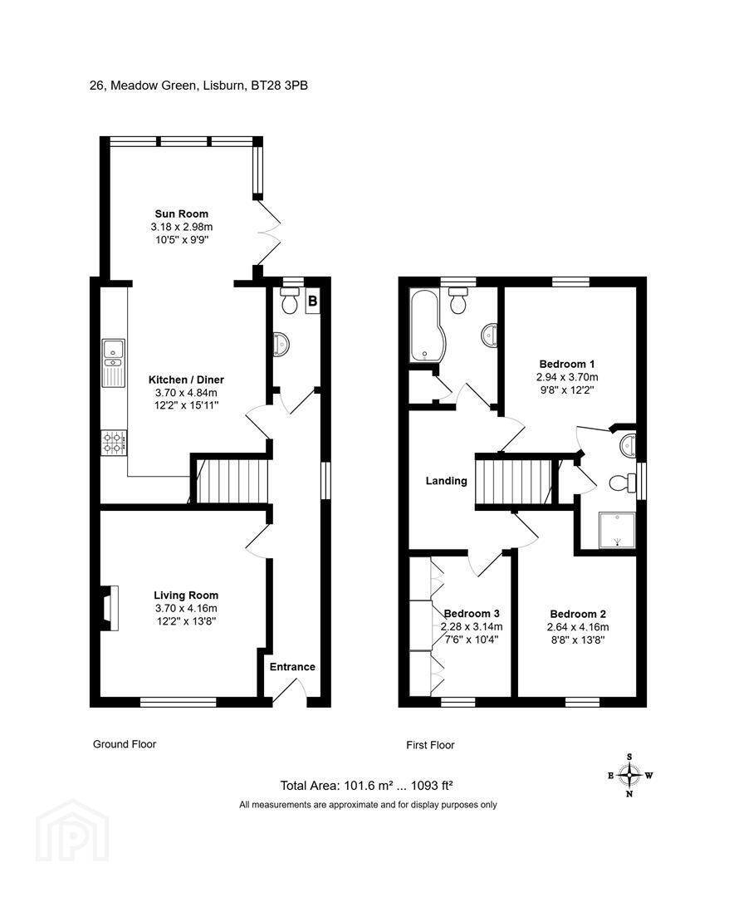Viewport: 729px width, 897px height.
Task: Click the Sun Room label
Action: [182, 214]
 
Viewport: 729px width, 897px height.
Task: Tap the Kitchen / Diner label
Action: [186, 380]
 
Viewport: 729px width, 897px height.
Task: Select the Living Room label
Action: [186, 596]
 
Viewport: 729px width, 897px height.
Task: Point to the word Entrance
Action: [292, 666]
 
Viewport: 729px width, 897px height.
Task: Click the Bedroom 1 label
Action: [567, 364]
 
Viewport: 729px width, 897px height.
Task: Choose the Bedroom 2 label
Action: [578, 614]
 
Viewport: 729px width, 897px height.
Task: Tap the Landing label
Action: [446, 481]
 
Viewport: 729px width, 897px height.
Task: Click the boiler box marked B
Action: [313, 301]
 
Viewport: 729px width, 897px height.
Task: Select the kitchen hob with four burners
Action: [114, 443]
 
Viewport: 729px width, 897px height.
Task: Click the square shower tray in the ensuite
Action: [617, 530]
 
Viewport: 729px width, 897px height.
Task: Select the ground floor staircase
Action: [232, 480]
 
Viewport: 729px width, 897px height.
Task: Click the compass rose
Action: [630, 776]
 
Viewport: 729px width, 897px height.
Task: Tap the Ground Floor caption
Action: [125, 744]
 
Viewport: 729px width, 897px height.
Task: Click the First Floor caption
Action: [431, 745]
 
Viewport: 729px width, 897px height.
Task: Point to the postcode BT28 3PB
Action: [280, 86]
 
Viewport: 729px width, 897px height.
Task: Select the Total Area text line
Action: [366, 786]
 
